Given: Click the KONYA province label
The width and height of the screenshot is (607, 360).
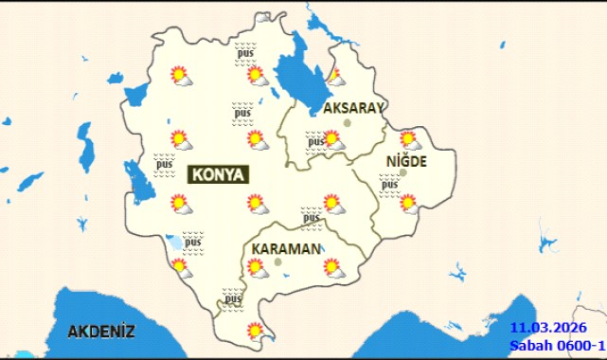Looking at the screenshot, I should point(219,175).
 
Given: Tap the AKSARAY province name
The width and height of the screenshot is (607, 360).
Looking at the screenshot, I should point(353,108).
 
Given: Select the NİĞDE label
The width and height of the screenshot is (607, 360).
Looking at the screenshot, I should point(406,161).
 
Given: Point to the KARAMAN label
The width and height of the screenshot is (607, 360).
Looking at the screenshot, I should point(285,248).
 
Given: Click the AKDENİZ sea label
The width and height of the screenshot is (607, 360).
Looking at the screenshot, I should point(101,332).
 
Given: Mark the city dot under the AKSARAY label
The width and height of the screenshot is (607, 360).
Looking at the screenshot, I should point(348,123).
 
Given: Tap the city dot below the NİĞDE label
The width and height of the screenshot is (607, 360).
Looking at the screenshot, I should point(403,173).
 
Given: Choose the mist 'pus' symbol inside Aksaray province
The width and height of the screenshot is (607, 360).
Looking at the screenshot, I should point(314,143).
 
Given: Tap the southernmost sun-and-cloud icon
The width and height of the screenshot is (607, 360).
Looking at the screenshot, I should point(255,331).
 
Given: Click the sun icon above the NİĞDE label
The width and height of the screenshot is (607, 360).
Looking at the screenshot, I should point(409,138).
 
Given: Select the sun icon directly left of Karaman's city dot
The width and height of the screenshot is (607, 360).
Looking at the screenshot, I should point(256,268).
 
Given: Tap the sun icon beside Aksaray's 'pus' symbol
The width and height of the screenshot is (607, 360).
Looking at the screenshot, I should point(332,139).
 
